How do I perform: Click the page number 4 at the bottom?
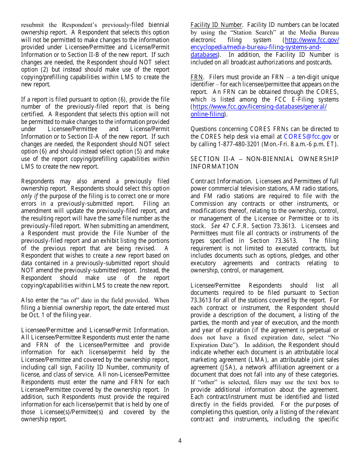(180, 441)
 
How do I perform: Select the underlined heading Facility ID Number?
(216, 25)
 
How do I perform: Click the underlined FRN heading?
(197, 77)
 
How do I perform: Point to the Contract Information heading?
(221, 181)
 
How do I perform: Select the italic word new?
(121, 256)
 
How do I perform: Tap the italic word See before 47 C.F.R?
(216, 226)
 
